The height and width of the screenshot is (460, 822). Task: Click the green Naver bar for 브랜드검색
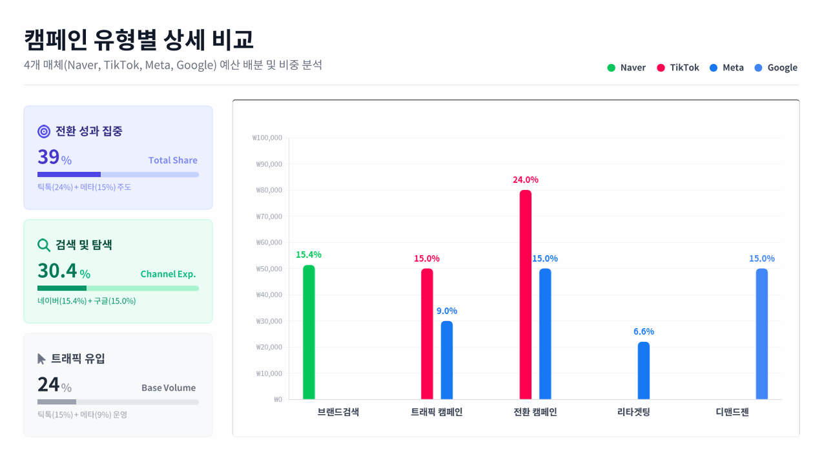pyautogui.click(x=309, y=332)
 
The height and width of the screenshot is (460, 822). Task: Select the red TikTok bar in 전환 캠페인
pyautogui.click(x=526, y=295)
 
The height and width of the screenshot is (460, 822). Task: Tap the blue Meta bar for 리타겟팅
pyautogui.click(x=644, y=370)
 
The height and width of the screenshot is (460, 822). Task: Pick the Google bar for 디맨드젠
pyautogui.click(x=762, y=334)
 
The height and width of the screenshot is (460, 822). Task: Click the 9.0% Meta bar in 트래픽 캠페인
pyautogui.click(x=447, y=360)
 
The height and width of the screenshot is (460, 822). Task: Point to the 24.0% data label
pyautogui.click(x=526, y=180)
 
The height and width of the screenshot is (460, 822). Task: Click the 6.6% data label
pyautogui.click(x=644, y=331)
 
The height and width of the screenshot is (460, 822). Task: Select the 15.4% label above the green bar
pyautogui.click(x=309, y=255)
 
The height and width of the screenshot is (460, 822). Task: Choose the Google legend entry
pyautogui.click(x=776, y=68)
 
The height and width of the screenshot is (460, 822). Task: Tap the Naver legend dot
pyautogui.click(x=611, y=68)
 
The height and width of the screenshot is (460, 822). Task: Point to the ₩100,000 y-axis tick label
pyautogui.click(x=267, y=138)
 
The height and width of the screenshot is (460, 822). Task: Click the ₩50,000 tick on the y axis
pyautogui.click(x=269, y=269)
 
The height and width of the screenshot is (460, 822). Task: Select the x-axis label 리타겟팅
pyautogui.click(x=633, y=412)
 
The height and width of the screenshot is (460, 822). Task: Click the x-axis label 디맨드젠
pyautogui.click(x=732, y=412)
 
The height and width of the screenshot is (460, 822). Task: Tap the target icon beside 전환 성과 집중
pyautogui.click(x=44, y=131)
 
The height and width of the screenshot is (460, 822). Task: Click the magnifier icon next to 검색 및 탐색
pyautogui.click(x=44, y=245)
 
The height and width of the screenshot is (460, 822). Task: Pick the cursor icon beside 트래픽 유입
pyautogui.click(x=42, y=359)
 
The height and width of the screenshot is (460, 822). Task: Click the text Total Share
pyautogui.click(x=173, y=160)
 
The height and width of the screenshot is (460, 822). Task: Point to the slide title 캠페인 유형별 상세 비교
pyautogui.click(x=139, y=39)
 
